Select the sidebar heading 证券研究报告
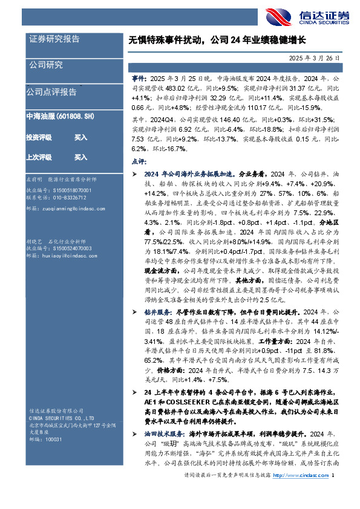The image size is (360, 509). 54,39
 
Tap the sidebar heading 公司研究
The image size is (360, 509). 46,65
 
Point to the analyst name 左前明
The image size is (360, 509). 34,180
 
